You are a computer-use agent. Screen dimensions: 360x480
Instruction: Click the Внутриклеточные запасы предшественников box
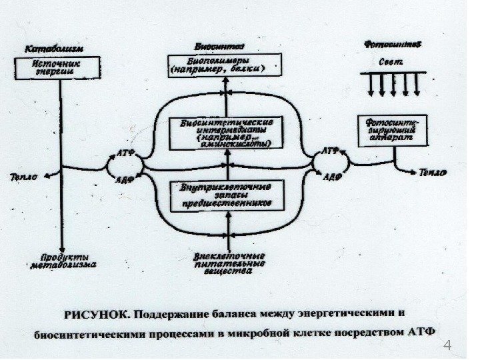click(x=226, y=195)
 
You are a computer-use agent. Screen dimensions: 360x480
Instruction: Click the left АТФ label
click(x=127, y=152)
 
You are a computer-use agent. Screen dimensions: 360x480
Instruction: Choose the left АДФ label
click(x=127, y=180)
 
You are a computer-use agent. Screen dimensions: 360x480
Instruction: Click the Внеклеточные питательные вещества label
click(x=228, y=263)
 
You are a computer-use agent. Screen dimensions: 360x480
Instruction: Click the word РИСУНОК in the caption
click(x=93, y=312)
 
